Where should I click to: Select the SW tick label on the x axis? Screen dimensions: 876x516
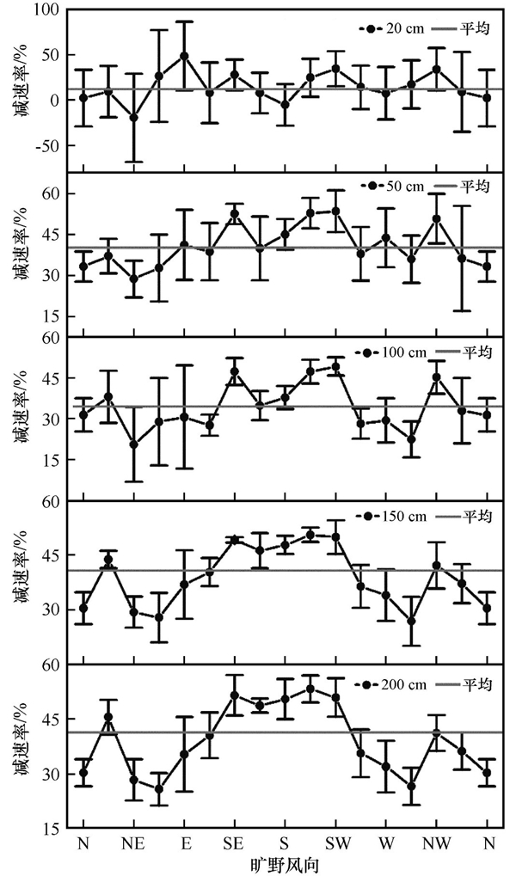click(335, 842)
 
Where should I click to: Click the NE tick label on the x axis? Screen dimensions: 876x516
click(133, 842)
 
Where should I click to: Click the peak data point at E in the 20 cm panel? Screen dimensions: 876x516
click(184, 56)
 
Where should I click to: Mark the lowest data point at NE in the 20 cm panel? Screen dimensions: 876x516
click(133, 117)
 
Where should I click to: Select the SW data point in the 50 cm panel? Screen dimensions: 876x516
click(335, 211)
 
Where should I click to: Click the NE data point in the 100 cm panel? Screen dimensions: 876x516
click(133, 444)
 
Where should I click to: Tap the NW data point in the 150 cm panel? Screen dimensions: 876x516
click(437, 566)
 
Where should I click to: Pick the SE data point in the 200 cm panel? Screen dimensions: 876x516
click(234, 695)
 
